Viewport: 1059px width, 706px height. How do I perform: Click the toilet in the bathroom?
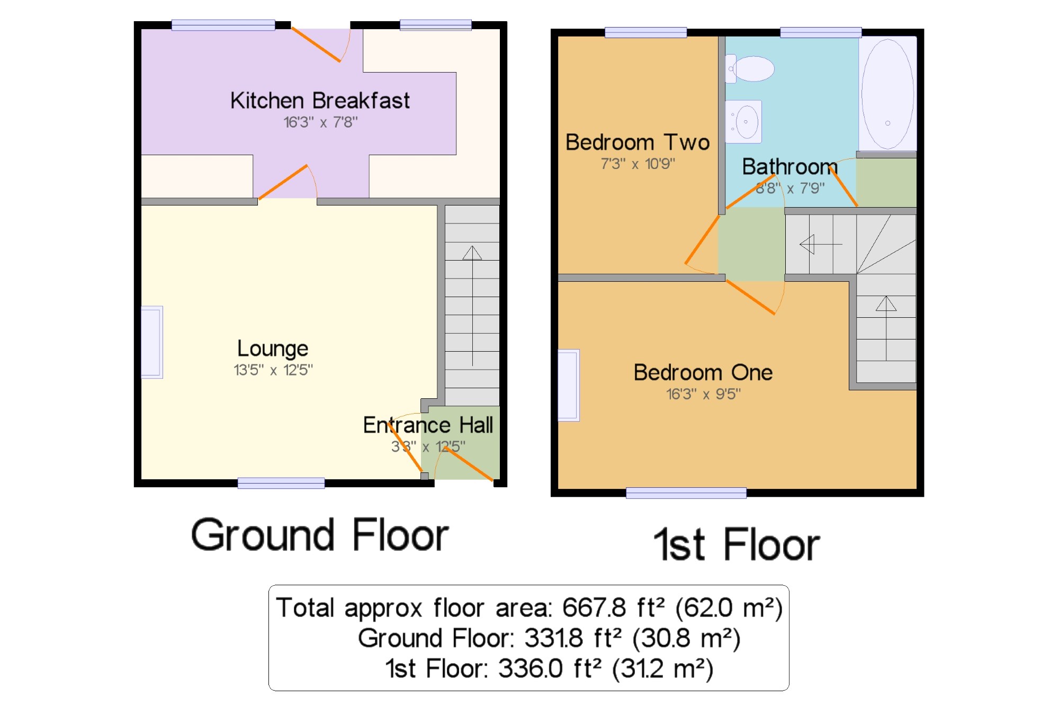click(x=749, y=69)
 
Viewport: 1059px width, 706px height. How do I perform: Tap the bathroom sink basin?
click(x=743, y=122)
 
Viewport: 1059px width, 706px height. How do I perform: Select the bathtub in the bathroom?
click(x=887, y=94)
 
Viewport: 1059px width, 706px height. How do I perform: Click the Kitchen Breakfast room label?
click(x=320, y=100)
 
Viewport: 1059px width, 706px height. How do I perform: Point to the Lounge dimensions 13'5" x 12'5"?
click(x=273, y=370)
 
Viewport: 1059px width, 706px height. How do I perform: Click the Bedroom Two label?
click(x=638, y=142)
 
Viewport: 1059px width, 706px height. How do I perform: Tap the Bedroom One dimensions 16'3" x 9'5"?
click(x=703, y=394)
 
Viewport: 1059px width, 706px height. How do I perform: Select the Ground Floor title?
click(x=320, y=535)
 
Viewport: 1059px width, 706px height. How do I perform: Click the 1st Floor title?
click(x=737, y=544)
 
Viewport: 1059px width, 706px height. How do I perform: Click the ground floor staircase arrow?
click(x=472, y=306)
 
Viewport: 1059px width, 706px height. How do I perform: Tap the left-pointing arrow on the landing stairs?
click(x=821, y=244)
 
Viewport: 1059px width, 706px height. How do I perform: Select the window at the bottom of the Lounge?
click(x=281, y=482)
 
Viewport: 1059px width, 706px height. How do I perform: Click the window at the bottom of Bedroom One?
click(x=686, y=493)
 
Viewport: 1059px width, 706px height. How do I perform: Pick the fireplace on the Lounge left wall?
click(x=151, y=342)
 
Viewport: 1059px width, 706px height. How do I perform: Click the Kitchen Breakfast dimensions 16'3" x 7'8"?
click(x=320, y=122)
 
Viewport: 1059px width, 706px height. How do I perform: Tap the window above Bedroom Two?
click(x=645, y=32)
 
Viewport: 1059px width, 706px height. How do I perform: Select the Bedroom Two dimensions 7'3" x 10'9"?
click(x=638, y=164)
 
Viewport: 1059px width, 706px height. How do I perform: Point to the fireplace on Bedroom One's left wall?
click(x=569, y=385)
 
